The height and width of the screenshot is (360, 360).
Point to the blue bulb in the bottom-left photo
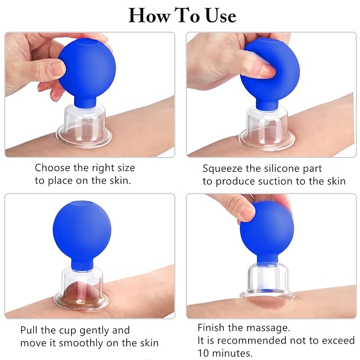pos(82,230)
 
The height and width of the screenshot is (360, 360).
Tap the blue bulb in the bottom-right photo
pos(266,233)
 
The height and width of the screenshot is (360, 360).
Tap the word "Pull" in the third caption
pos(30,330)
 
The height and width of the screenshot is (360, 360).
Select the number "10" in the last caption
pos(204,353)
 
